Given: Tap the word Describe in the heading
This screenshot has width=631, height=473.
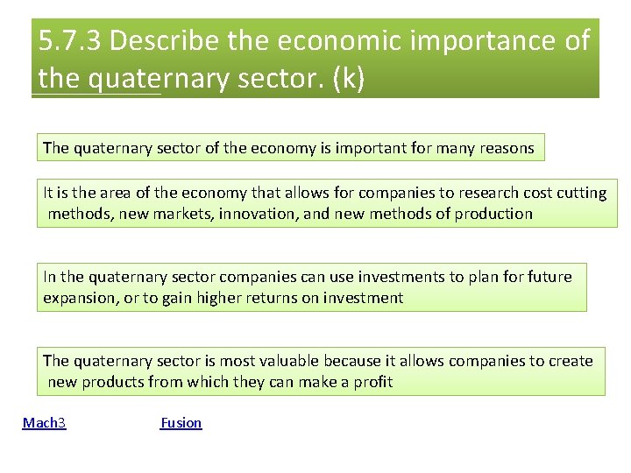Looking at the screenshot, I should [167, 41].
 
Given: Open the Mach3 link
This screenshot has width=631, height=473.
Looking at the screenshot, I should [44, 423].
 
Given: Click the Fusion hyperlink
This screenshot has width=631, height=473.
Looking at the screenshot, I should [181, 423].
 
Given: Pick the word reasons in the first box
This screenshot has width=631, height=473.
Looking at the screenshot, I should [505, 149].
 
